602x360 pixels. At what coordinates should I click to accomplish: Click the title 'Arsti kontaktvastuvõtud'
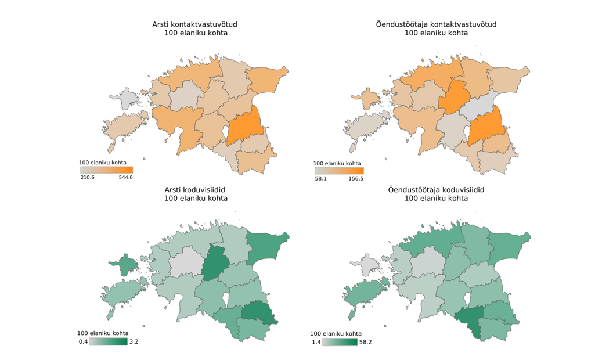coord(194,24)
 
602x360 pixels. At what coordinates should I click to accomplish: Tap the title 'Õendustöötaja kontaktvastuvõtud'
coord(436,24)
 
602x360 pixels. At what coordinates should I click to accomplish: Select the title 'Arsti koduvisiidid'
coord(194,190)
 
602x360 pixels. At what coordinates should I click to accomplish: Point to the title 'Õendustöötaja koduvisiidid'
coord(436,190)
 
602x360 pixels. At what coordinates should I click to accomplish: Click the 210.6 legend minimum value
coord(88,177)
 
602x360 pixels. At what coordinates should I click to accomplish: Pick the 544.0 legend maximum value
coord(126,177)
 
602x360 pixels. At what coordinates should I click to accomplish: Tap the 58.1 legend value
coord(321,179)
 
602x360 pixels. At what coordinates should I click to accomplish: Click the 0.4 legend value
coord(82,341)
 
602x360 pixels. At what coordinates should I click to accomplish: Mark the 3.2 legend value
coord(134,341)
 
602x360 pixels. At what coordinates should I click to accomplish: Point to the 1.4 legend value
coord(316,342)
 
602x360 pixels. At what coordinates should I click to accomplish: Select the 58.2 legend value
coord(365,342)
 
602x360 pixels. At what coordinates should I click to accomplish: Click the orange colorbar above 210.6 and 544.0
coord(106,170)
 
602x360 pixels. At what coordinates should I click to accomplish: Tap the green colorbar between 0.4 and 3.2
coord(108,341)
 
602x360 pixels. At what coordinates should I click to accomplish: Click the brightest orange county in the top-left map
coord(243,126)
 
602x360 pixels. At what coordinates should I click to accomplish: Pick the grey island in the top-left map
coord(129,99)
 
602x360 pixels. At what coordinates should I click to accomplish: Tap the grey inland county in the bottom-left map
coord(185,261)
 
